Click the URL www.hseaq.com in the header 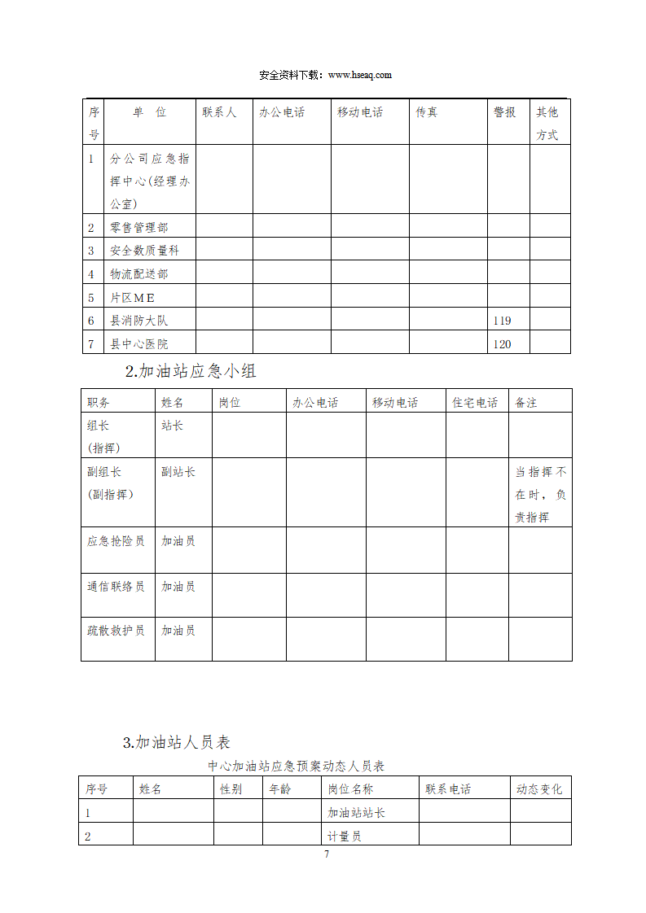(359, 75)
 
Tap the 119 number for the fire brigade (502, 321)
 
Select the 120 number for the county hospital (502, 344)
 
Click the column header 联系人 (219, 112)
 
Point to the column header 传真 (427, 112)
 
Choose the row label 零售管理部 (139, 228)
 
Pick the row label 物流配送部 (139, 274)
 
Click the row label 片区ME (133, 298)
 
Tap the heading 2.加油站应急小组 (191, 371)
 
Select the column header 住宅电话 (475, 403)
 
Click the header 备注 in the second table (526, 403)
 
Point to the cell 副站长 (178, 472)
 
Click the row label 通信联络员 (116, 587)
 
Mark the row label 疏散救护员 (116, 631)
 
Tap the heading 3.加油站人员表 (177, 742)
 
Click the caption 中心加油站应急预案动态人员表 (296, 766)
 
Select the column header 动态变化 (538, 789)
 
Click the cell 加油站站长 (356, 813)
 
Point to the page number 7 (326, 854)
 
